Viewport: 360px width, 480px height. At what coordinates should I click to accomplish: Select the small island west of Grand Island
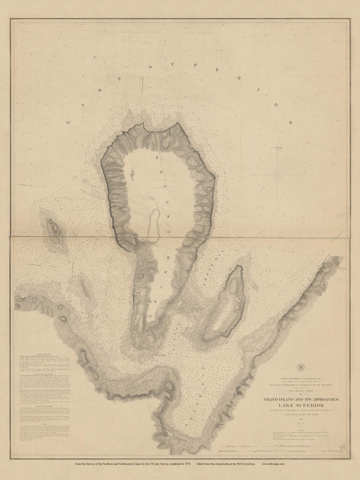point(54,232)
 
